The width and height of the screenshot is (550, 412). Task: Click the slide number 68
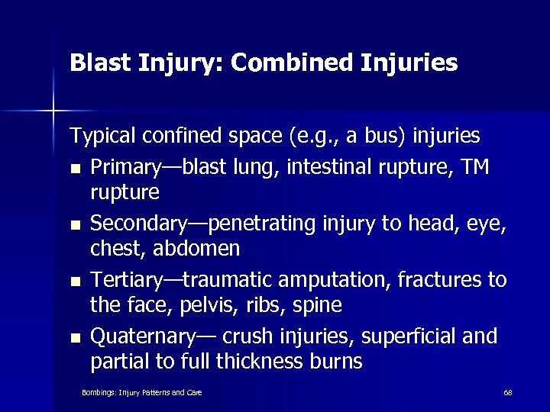pyautogui.click(x=507, y=392)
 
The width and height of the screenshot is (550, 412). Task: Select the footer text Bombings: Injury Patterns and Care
pyautogui.click(x=141, y=392)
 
